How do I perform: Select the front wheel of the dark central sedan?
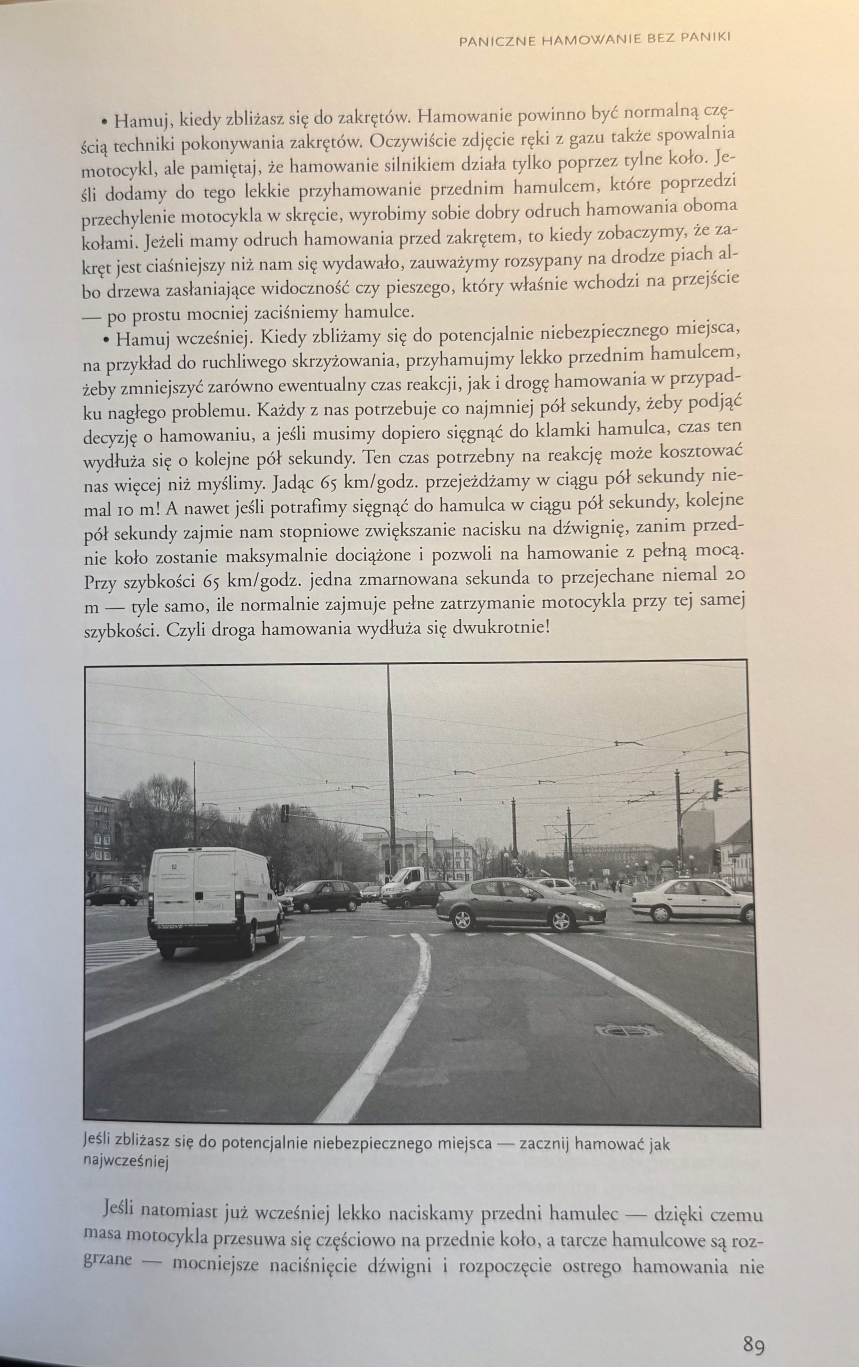coord(463,918)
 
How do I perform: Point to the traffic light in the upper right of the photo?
coord(718,790)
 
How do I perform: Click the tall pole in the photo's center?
coord(390,795)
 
